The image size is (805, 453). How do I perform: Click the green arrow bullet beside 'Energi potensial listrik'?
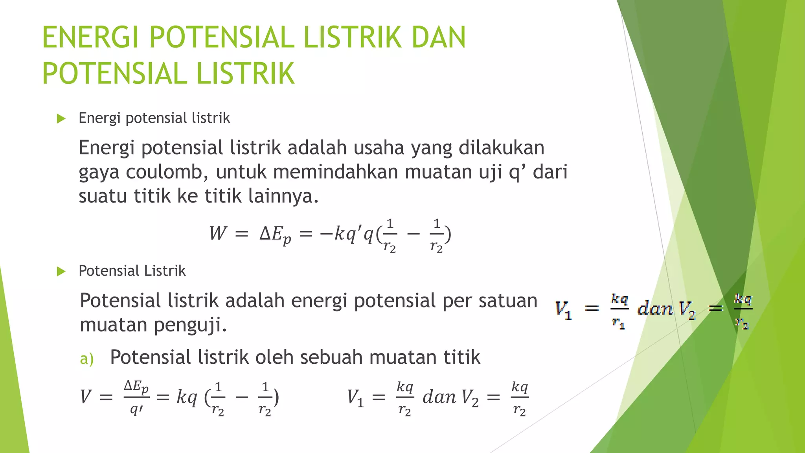[61, 118]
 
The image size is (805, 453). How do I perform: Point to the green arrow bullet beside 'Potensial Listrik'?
[61, 271]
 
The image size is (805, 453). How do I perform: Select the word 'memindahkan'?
[335, 172]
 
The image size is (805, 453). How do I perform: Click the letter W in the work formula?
[218, 233]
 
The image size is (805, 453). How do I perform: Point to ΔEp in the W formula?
[275, 235]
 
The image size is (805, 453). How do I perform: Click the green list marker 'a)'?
[86, 359]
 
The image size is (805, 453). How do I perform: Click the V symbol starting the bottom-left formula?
[86, 396]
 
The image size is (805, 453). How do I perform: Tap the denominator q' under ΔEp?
[136, 410]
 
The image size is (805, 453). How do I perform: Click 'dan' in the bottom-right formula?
[439, 397]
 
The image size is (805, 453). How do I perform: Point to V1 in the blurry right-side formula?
[563, 309]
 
